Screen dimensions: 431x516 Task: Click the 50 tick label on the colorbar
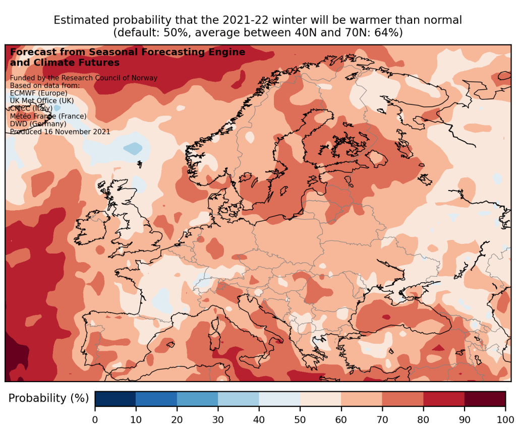(x=300, y=418)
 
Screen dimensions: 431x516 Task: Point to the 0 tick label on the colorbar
(x=95, y=418)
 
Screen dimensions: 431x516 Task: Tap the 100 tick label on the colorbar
(x=505, y=418)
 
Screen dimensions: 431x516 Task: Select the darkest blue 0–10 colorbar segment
(x=115, y=398)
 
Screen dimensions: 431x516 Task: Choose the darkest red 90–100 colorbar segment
(x=485, y=398)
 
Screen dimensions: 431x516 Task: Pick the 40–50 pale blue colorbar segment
(x=279, y=398)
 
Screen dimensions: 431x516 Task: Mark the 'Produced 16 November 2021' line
(x=60, y=132)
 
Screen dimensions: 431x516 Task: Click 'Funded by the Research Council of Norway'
(x=84, y=78)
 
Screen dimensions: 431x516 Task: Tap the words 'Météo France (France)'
(x=48, y=116)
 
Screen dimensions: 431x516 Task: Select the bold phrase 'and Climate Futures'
(x=65, y=63)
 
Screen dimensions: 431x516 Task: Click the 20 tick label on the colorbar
(x=177, y=418)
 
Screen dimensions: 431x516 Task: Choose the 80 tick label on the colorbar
(x=423, y=418)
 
